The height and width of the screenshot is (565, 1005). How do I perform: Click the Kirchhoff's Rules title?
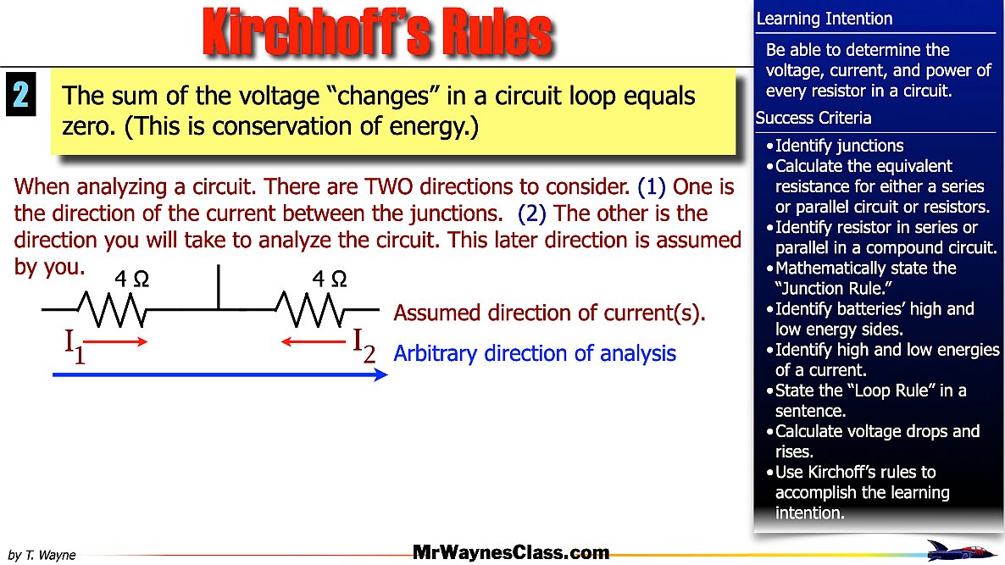tap(378, 34)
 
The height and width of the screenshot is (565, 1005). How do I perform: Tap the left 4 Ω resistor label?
tap(131, 279)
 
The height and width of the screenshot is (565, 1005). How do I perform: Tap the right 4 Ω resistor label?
tap(328, 279)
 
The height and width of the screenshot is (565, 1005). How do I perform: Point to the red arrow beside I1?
tap(117, 341)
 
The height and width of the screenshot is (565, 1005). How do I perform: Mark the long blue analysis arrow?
tap(220, 374)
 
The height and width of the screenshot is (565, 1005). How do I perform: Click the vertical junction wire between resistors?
tap(219, 288)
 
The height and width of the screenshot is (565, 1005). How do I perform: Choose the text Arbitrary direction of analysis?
tap(535, 353)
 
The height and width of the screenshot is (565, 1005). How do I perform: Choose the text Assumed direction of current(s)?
tap(549, 313)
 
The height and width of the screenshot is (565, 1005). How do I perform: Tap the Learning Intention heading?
tap(824, 19)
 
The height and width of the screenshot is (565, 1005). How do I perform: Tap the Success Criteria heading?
tap(813, 118)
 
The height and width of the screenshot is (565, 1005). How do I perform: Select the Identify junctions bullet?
tap(839, 146)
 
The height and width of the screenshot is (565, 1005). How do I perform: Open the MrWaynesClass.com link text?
tap(511, 553)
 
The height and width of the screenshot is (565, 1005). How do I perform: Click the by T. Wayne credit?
tap(42, 556)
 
